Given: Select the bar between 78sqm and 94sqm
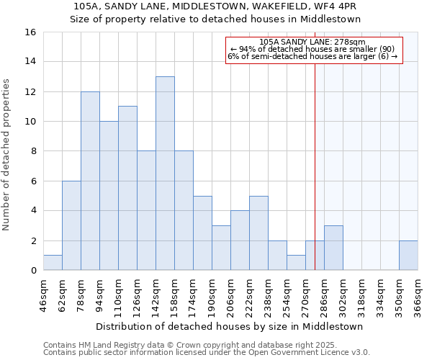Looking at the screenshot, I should pos(90,181).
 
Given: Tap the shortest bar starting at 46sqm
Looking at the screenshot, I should pos(53,263).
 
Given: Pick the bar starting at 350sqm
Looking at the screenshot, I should pos(408,256).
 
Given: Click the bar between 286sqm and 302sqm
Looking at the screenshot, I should pos(333,248).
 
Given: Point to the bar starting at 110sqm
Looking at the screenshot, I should pos(127,188).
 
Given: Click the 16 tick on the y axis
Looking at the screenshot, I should pos(30,32).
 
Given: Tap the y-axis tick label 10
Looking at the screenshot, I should pos(30,122).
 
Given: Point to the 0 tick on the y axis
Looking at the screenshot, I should pos(33,271).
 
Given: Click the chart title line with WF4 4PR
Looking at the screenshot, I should pos(216,6).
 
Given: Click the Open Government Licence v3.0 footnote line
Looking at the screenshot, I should pos(207,353).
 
